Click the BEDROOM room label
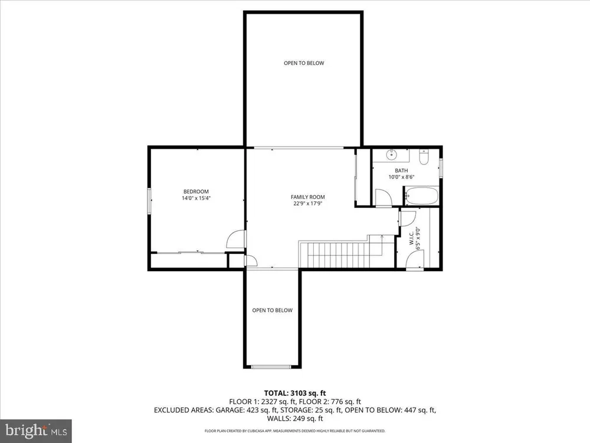click(x=196, y=191)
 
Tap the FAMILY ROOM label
click(x=308, y=197)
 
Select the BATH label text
click(x=401, y=171)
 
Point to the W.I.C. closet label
click(x=411, y=238)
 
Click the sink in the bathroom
click(x=392, y=154)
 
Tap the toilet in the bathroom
click(x=424, y=158)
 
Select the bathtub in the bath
click(x=421, y=196)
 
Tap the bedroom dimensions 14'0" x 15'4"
click(x=196, y=198)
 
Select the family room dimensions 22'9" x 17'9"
click(x=308, y=203)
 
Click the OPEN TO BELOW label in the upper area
click(x=304, y=63)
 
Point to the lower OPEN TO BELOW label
click(x=273, y=311)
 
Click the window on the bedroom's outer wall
click(x=149, y=201)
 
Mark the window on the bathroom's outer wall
click(x=441, y=167)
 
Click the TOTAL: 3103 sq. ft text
click(x=294, y=393)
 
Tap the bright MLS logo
click(x=36, y=431)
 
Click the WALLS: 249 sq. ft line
click(x=295, y=419)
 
